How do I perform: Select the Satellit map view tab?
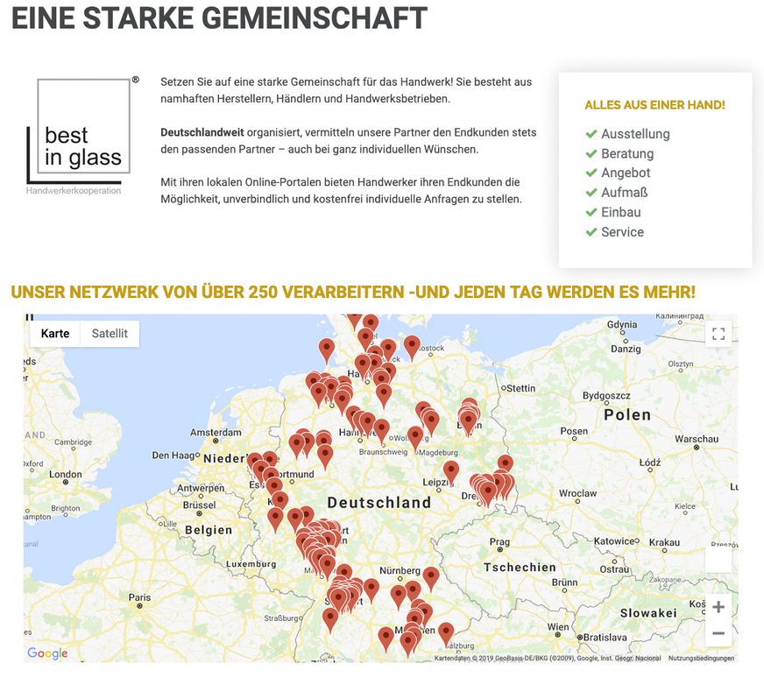(110, 334)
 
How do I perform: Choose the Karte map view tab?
(55, 334)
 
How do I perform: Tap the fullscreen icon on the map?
(718, 334)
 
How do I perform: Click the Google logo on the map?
(47, 653)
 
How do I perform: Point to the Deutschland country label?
(378, 503)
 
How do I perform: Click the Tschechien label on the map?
(520, 567)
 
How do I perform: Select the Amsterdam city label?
(215, 433)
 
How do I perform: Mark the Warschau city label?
(697, 439)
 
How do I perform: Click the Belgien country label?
(209, 530)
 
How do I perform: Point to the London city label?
(66, 474)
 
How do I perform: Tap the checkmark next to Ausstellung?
(591, 134)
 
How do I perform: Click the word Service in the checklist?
(622, 232)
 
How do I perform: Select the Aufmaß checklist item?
(624, 193)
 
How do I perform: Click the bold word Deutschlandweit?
(202, 132)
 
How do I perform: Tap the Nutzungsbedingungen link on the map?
(701, 658)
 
